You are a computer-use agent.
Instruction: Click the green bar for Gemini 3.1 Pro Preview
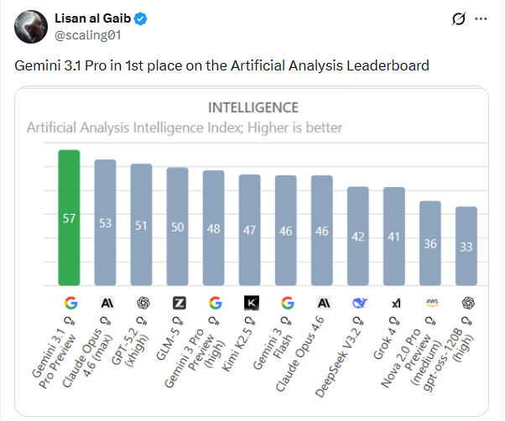coord(69,218)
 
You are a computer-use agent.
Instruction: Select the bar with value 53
coord(105,222)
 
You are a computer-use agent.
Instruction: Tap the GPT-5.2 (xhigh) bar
coord(141,225)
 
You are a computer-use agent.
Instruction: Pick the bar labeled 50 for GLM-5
coord(177,226)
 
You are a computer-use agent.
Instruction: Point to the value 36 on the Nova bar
coord(430,244)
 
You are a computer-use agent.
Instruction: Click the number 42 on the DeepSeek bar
coord(358,236)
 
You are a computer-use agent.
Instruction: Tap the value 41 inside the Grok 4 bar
coord(394,237)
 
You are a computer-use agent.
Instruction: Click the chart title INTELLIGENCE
coord(252,107)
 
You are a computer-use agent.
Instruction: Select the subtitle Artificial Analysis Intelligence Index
coord(185,128)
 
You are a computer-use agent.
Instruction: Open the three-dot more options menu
coord(481,18)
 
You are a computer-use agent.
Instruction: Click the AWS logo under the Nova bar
coord(430,303)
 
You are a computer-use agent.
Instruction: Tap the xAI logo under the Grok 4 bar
coord(394,303)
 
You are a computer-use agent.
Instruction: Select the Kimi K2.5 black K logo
coord(250,303)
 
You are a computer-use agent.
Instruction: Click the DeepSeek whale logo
coord(358,303)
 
